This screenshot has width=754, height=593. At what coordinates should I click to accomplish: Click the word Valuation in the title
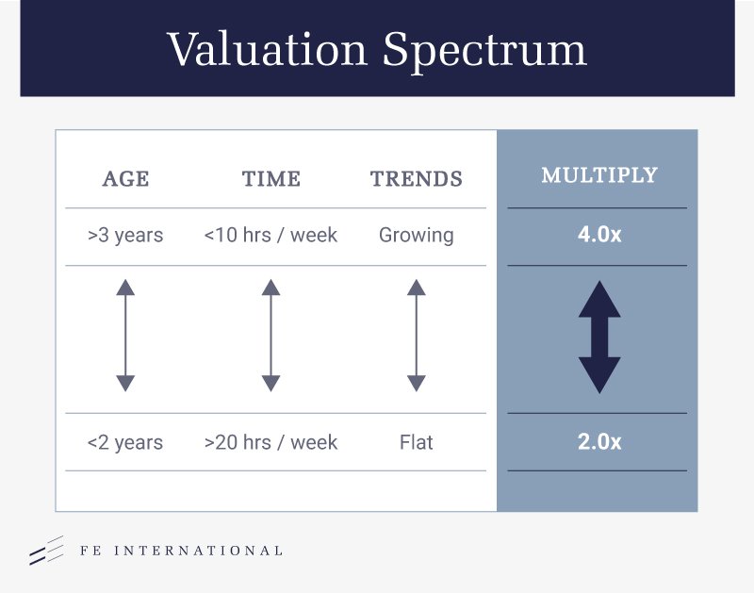[x=268, y=49]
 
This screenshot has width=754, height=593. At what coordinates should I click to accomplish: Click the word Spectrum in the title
[x=484, y=52]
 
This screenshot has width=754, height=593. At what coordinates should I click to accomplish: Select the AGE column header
[x=125, y=179]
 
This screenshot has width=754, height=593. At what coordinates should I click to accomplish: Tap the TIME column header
[x=271, y=179]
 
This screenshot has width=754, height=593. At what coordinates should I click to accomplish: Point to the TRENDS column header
[x=417, y=179]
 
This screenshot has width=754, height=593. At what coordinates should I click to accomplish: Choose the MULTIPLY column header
[x=599, y=175]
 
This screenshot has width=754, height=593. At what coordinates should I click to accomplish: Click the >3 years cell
[x=125, y=235]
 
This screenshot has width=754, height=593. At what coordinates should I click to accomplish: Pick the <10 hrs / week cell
[x=270, y=235]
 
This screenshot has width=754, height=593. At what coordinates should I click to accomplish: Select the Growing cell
[x=417, y=236]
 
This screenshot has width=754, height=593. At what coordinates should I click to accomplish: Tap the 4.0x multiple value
[x=599, y=235]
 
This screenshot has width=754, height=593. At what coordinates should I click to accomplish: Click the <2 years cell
[x=125, y=442]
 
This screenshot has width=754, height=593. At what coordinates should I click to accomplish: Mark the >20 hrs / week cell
[x=270, y=442]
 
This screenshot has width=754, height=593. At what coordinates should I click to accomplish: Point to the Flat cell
[x=417, y=442]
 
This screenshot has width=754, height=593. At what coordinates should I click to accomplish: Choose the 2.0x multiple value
[x=599, y=442]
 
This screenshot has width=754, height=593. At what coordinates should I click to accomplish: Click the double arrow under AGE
[x=125, y=336]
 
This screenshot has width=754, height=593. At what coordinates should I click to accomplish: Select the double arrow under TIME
[x=271, y=336]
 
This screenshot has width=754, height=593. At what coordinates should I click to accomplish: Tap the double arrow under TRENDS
[x=417, y=336]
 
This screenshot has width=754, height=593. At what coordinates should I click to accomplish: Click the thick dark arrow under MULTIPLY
[x=599, y=338]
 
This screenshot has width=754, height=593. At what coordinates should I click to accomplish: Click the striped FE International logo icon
[x=46, y=551]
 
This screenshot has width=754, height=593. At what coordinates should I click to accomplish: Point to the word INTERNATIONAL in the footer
[x=198, y=551]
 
